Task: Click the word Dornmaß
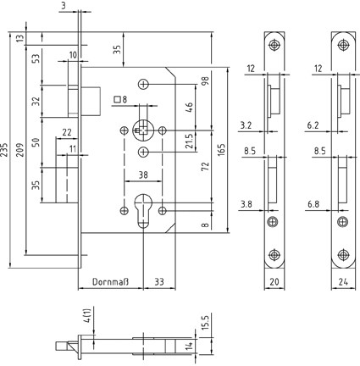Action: tap(110, 281)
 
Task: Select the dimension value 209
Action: tap(21, 150)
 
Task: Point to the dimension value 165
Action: tap(222, 150)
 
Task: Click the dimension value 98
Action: tap(206, 81)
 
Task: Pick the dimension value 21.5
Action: tap(189, 141)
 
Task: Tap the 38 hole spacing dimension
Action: tap(143, 175)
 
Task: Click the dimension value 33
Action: tap(159, 281)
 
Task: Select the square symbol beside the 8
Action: tap(117, 99)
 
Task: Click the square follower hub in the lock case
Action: tap(143, 130)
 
